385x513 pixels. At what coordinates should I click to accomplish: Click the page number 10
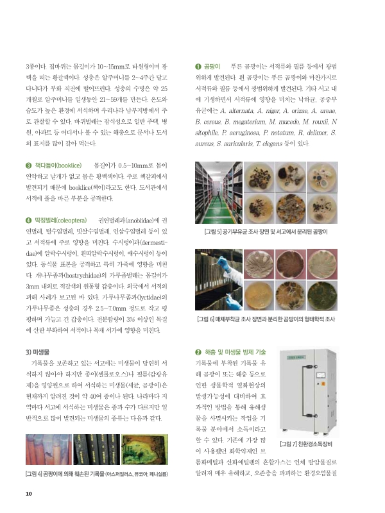pos(28,494)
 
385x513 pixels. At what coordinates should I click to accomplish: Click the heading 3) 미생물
pos(37,351)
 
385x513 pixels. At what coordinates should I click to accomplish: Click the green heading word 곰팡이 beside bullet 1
pos(212,66)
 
